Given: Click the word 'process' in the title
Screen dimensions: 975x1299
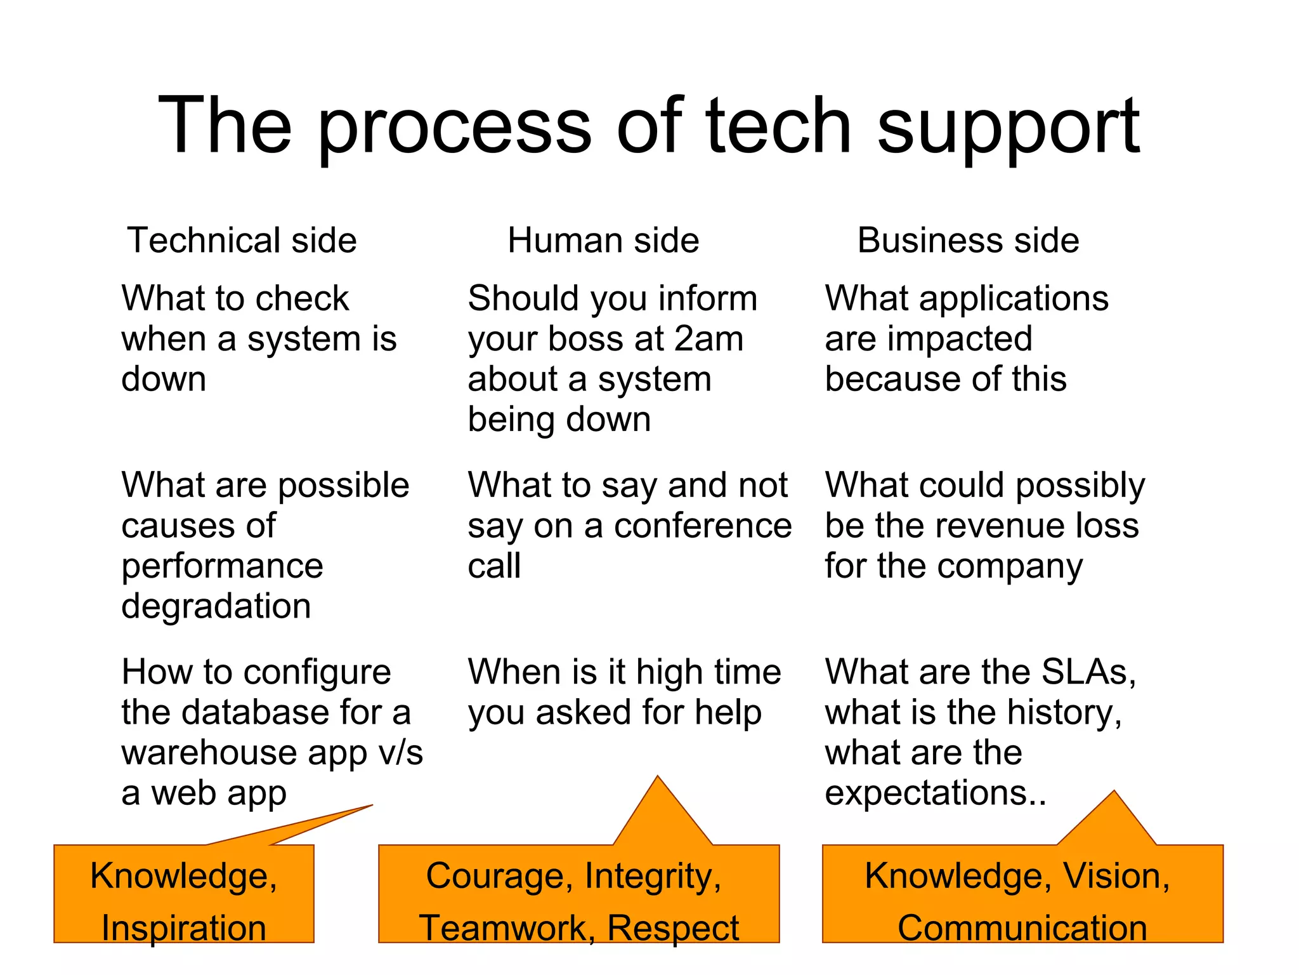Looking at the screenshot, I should click(454, 127).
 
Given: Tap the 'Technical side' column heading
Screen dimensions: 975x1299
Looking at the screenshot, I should click(242, 241).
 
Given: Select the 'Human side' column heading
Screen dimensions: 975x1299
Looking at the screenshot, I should click(603, 241).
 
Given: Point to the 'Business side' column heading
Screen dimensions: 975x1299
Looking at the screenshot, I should click(968, 241).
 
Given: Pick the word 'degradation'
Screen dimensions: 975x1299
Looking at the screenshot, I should click(216, 606).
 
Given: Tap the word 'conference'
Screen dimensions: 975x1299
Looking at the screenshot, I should click(703, 526).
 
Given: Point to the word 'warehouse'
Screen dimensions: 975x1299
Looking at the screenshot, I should click(209, 753).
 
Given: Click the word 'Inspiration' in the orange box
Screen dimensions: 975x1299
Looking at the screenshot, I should click(184, 928).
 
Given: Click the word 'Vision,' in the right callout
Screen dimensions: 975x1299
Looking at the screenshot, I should click(1116, 876).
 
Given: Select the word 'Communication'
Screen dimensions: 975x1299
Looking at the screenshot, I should click(1022, 928).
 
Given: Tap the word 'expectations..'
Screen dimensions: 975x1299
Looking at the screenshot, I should click(936, 793).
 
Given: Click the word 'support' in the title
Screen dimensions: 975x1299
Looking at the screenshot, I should click(1009, 127).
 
